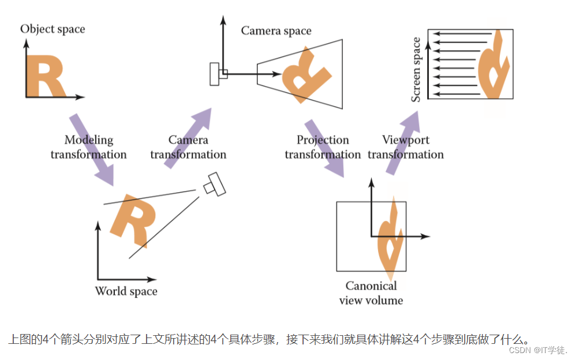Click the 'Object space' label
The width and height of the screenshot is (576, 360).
click(53, 28)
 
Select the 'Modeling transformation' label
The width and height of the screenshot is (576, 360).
click(88, 147)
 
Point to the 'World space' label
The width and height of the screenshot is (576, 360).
click(126, 291)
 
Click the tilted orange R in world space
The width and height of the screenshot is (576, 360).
click(133, 219)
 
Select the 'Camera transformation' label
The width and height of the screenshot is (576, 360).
click(188, 147)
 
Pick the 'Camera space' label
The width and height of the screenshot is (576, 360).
click(276, 31)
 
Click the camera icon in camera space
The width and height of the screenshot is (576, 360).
click(218, 74)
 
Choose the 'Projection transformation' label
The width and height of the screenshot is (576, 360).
click(323, 147)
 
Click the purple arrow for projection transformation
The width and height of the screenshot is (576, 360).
click(323, 148)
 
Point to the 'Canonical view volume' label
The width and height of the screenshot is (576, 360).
click(371, 292)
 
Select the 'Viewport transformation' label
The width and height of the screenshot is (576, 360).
click(406, 147)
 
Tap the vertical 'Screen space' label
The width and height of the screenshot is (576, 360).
click(416, 69)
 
